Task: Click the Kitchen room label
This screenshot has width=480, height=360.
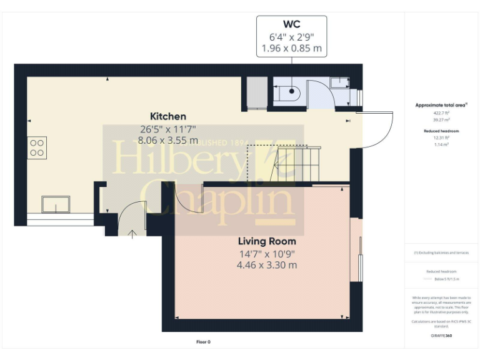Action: click(167, 116)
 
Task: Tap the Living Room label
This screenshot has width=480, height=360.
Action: click(267, 241)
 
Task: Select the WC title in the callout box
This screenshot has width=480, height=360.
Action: click(291, 24)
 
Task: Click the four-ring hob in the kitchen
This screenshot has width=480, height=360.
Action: click(37, 147)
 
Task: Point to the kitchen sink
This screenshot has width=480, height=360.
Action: click(56, 204)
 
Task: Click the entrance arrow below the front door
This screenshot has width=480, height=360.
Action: click(132, 234)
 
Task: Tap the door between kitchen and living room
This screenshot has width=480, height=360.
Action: click(187, 199)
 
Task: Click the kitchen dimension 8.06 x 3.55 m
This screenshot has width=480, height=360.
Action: click(167, 141)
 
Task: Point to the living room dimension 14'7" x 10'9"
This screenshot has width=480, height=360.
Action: click(267, 254)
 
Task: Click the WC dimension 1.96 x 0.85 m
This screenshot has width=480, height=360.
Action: click(291, 49)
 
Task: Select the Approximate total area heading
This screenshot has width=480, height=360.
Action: click(441, 105)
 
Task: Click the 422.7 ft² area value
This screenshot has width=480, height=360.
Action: click(441, 114)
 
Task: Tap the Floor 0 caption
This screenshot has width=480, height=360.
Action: click(204, 342)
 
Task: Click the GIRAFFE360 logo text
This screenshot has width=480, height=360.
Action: click(441, 336)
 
